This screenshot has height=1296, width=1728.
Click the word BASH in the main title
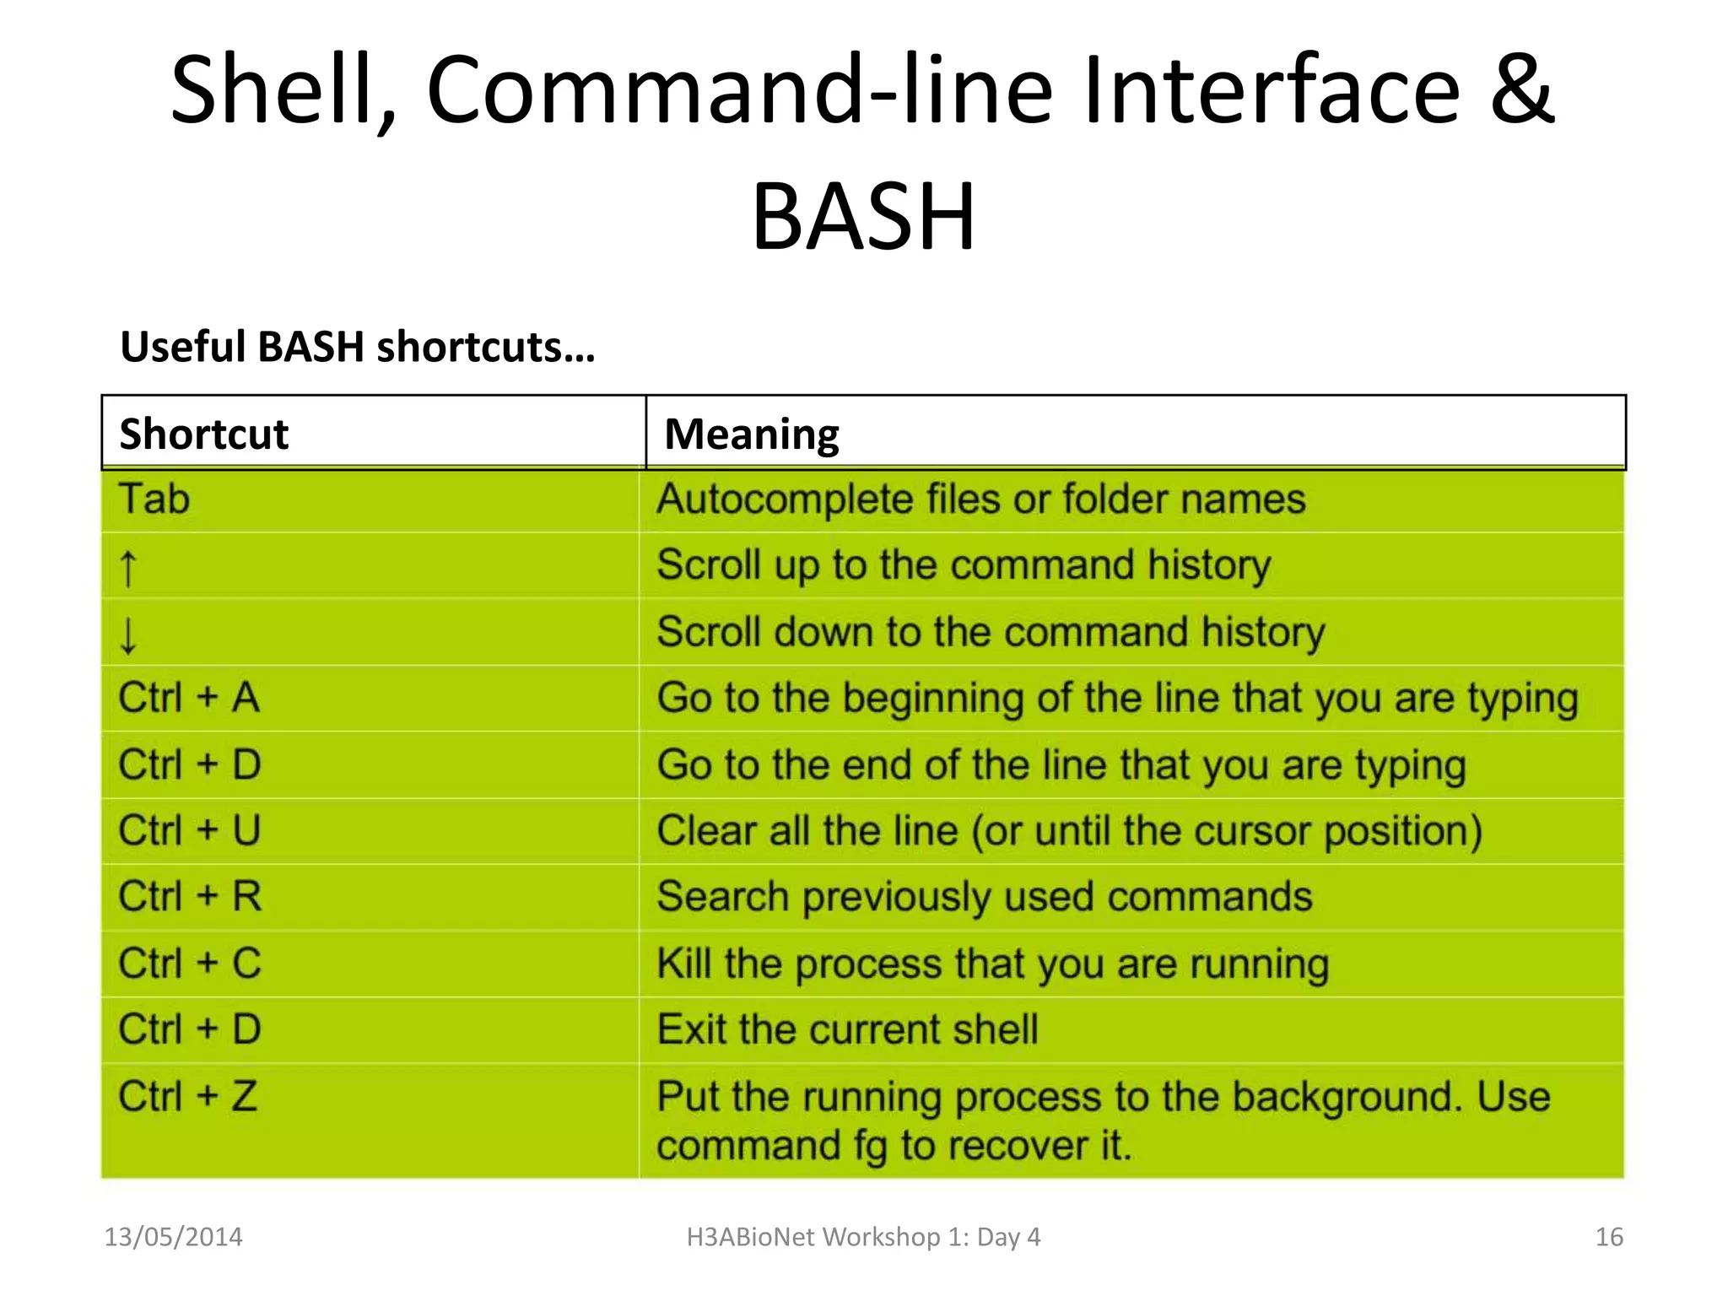coord(863,218)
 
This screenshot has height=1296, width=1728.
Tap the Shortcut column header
coord(203,434)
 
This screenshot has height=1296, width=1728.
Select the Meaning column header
coord(751,434)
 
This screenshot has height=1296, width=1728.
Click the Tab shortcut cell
coord(154,499)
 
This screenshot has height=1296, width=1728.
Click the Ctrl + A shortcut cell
coord(189,698)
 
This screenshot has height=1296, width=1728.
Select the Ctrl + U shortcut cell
coord(189,830)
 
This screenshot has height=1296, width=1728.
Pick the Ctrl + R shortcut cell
coord(189,896)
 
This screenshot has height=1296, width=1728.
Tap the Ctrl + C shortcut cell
coord(189,963)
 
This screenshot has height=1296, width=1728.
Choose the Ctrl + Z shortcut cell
coord(187,1096)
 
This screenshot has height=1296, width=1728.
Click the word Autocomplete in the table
coord(784,499)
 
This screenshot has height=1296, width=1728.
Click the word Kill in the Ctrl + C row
coord(683,963)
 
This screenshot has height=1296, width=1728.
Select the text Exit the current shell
coord(847,1029)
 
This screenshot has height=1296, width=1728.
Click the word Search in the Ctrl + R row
coord(722,896)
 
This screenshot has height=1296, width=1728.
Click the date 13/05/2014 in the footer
coord(173,1237)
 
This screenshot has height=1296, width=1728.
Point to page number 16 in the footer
coord(1609,1237)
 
